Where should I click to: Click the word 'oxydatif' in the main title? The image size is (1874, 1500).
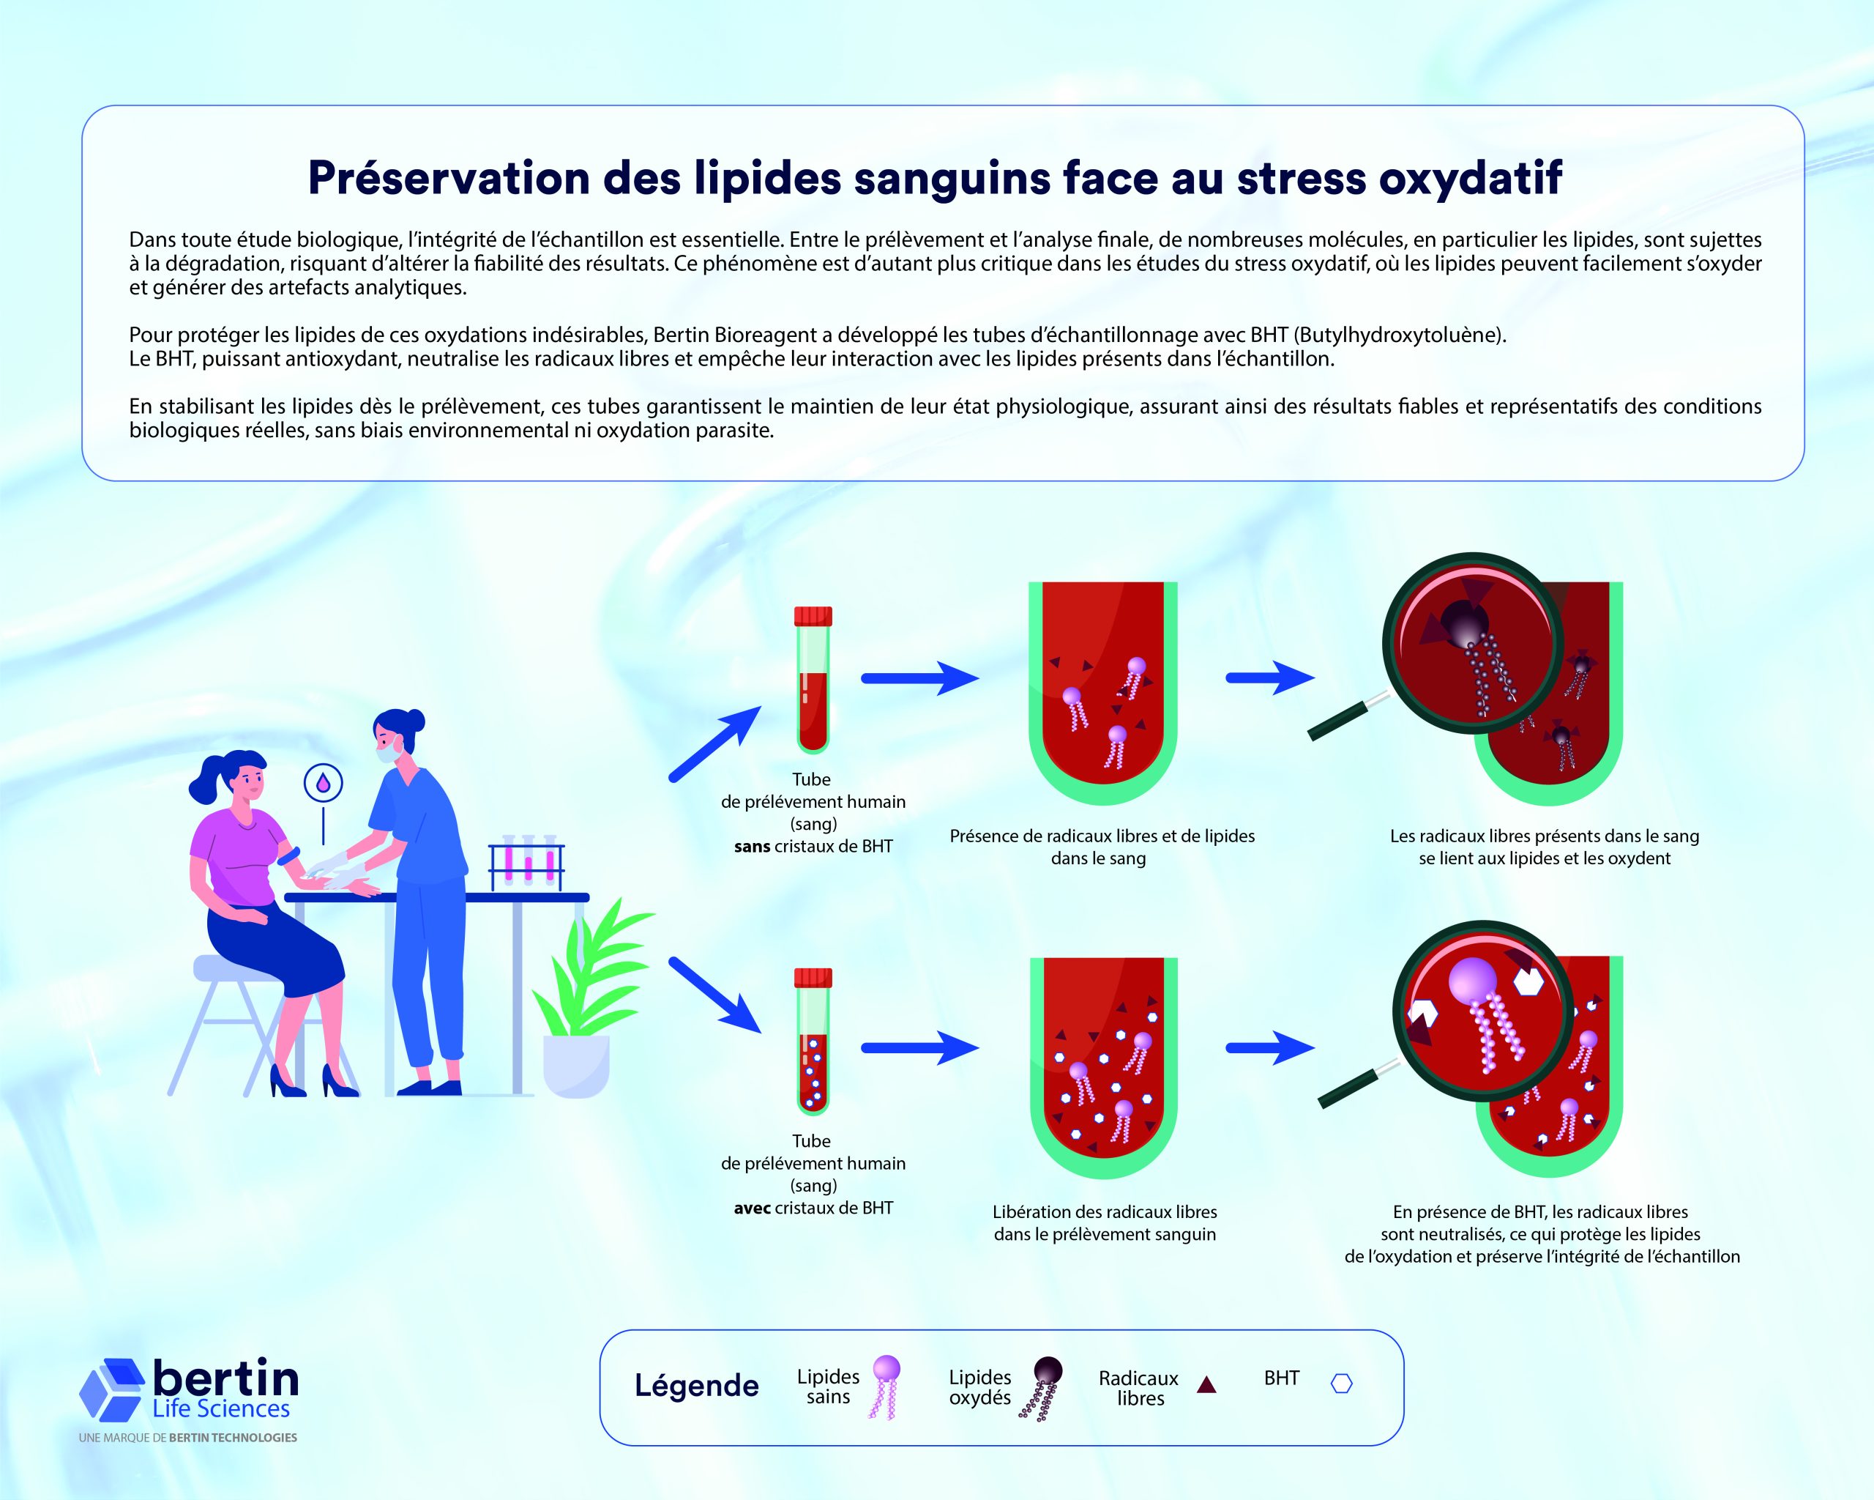1470,178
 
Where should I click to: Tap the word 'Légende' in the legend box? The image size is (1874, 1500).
696,1385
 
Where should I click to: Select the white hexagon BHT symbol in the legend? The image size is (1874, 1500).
1342,1384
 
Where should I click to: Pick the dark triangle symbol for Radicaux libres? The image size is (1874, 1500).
1206,1385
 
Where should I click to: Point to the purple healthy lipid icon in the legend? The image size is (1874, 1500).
884,1388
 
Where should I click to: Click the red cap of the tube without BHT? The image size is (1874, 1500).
813,617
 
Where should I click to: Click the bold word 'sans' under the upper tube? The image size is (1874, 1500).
752,847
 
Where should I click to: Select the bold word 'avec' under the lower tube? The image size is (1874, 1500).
752,1208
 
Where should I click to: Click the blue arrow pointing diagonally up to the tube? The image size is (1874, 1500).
715,743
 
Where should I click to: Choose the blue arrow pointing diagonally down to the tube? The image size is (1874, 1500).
715,995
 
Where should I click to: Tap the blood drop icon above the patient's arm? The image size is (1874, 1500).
324,783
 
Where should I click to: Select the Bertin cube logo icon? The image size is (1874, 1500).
112,1389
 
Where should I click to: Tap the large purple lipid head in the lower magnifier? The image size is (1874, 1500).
1472,979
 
